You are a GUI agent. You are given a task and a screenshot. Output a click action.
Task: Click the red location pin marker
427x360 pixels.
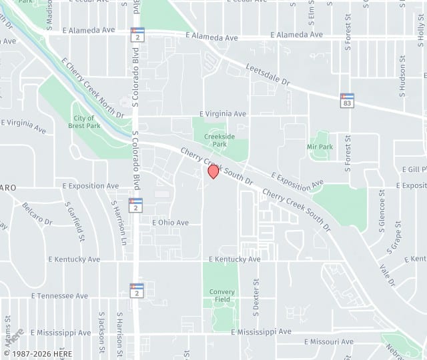point(213,171)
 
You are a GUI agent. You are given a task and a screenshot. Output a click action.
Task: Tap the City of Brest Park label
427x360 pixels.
point(84,122)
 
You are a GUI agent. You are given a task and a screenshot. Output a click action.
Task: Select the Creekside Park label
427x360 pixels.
point(220,140)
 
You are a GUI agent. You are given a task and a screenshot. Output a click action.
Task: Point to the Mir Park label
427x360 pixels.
point(320,147)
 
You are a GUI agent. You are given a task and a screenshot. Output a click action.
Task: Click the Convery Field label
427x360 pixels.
point(222,296)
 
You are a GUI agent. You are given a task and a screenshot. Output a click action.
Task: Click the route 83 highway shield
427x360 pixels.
point(347,100)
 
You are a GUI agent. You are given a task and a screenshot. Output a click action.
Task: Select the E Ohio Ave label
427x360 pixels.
point(170,223)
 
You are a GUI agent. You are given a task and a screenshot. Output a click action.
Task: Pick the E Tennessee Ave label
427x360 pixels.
point(59,296)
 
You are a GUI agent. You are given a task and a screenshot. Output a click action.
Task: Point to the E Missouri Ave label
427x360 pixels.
point(329,341)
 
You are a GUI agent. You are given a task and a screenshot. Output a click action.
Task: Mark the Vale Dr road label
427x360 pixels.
point(388,275)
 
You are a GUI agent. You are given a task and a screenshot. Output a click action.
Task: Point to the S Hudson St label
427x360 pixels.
point(403,71)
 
